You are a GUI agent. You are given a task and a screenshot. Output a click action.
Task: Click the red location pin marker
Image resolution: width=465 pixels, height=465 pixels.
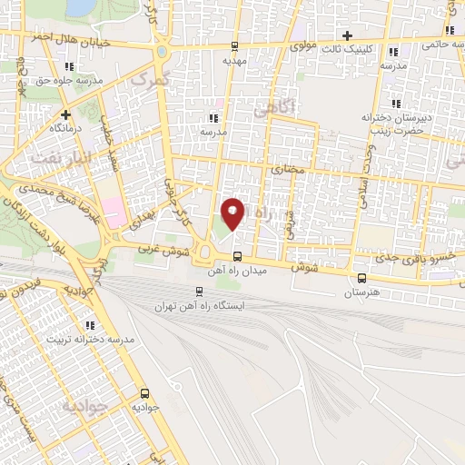233,213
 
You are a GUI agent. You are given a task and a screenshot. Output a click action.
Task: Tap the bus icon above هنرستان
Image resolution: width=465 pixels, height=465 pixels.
362,279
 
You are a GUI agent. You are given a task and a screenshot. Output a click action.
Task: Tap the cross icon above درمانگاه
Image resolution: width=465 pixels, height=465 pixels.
66,114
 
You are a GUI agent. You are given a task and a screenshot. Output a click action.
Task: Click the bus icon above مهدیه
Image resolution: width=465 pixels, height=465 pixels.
235,45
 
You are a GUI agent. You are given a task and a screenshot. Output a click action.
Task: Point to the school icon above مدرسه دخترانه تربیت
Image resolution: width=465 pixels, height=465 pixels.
89,324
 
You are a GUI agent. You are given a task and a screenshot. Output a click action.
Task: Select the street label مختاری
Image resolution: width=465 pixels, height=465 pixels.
284,170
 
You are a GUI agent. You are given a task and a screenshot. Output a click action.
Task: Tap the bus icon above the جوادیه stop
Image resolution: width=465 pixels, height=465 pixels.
145,394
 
